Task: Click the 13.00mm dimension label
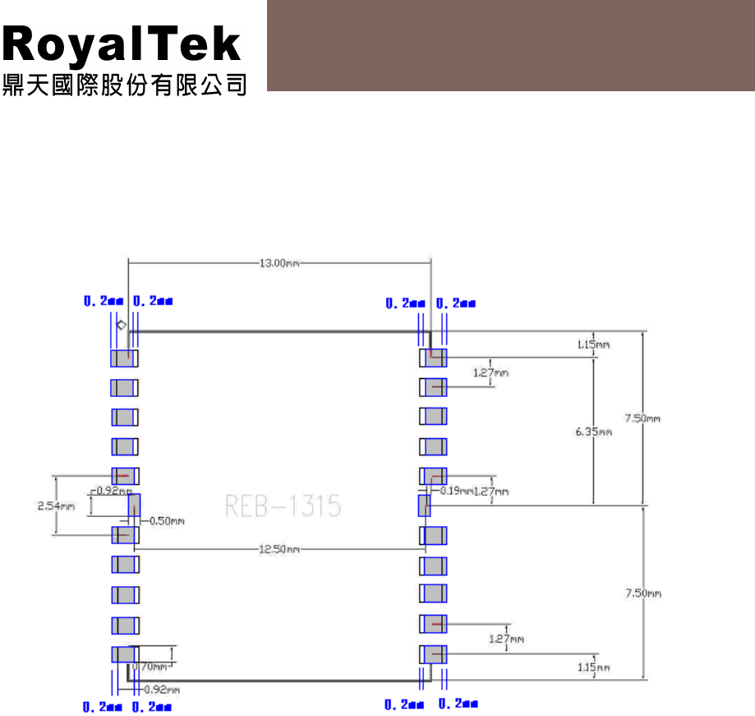pyautogui.click(x=280, y=263)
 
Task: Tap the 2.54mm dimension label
pyautogui.click(x=56, y=506)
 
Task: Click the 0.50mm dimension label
pyautogui.click(x=167, y=520)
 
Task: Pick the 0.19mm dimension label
pyautogui.click(x=456, y=491)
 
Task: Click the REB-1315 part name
pyautogui.click(x=283, y=506)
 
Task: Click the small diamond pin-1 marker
pyautogui.click(x=121, y=326)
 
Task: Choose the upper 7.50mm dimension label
pyautogui.click(x=642, y=418)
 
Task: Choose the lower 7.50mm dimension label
pyautogui.click(x=642, y=593)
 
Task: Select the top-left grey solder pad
pyautogui.click(x=124, y=358)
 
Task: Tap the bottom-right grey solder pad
pyautogui.click(x=435, y=654)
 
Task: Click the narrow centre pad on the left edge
pyautogui.click(x=134, y=506)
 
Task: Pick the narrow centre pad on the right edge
pyautogui.click(x=424, y=505)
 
